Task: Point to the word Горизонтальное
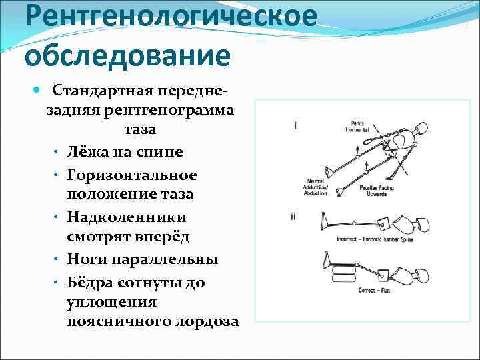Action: coord(132,174)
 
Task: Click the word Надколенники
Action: coord(127,217)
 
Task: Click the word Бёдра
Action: coord(89,281)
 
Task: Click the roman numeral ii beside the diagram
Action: coord(294,216)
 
